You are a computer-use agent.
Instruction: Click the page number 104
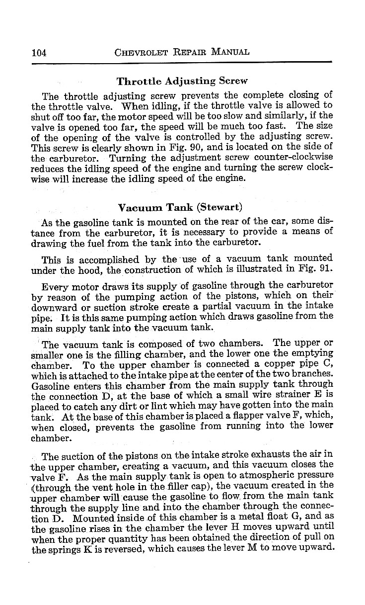(x=38, y=52)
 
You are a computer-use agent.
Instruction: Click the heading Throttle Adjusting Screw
(x=181, y=81)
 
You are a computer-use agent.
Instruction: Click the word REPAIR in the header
(x=186, y=52)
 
